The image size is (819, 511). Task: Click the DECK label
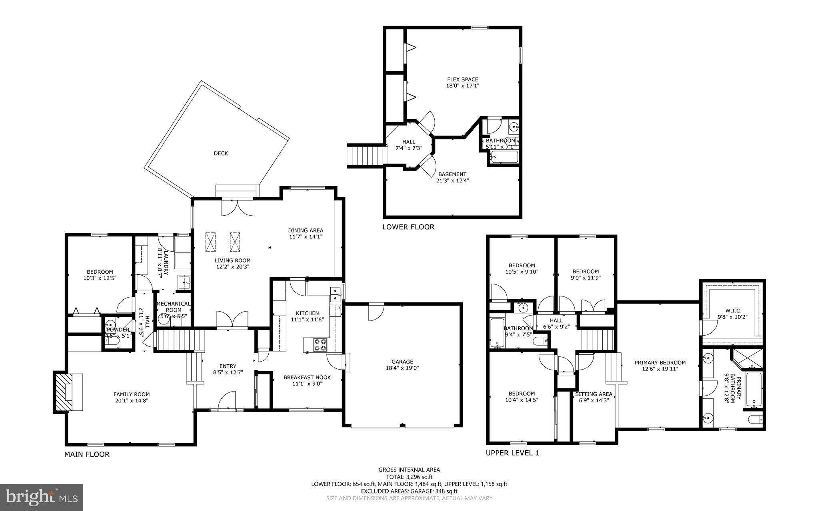pos(221,153)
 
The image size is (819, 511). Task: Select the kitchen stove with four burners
pos(320,345)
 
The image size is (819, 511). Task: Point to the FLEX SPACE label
pos(462,80)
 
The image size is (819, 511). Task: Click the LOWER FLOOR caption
pos(408,227)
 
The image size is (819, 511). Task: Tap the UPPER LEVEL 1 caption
pos(512,453)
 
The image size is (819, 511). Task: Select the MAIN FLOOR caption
pos(87,454)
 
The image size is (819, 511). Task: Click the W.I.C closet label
pos(732,310)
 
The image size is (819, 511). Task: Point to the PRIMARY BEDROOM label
pos(660,363)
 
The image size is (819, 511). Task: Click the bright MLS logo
pos(42,497)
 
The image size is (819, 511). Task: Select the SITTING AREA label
pos(593,394)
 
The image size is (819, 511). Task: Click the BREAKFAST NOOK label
pos(307,377)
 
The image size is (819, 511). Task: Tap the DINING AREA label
pos(306,230)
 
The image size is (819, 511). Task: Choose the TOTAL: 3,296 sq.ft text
pos(409,477)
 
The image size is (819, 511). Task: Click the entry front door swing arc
pos(226,400)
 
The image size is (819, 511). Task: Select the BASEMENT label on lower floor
pos(452,174)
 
